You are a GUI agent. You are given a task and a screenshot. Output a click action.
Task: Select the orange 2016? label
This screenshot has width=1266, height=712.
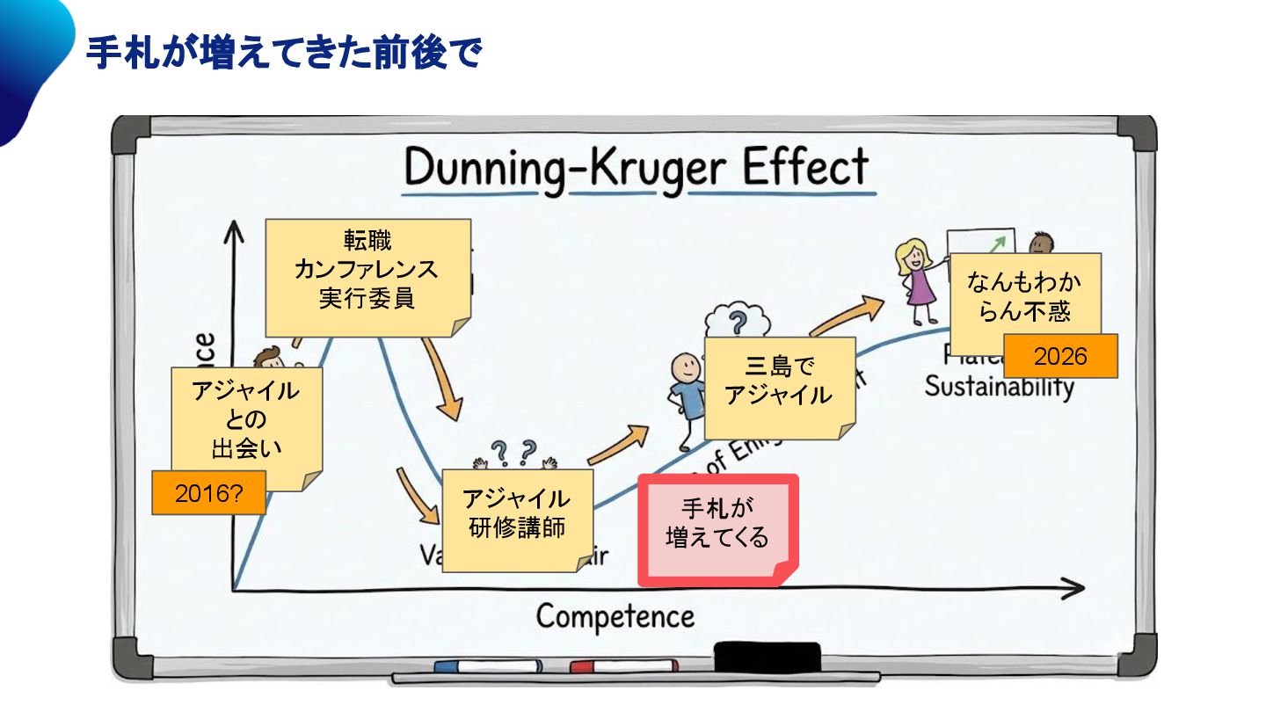pos(208,493)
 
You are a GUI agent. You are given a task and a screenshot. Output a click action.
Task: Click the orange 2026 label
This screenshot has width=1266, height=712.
pos(1060,356)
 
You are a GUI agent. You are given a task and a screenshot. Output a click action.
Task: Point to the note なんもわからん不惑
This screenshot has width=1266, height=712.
pos(1024,296)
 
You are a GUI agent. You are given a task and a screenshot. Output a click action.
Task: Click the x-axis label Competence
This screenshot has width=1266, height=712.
pos(615,616)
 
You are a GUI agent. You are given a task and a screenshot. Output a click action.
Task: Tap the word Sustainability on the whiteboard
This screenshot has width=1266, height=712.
pos(999,388)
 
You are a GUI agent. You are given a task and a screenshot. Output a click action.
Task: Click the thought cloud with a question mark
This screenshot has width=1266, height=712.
pos(738,318)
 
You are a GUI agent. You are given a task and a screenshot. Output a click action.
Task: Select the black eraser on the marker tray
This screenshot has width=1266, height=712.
pos(767,656)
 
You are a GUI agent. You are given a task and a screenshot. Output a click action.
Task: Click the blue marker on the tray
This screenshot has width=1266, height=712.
pos(487,666)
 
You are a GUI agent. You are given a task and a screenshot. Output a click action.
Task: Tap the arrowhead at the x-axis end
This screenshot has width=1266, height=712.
pos(1074,589)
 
